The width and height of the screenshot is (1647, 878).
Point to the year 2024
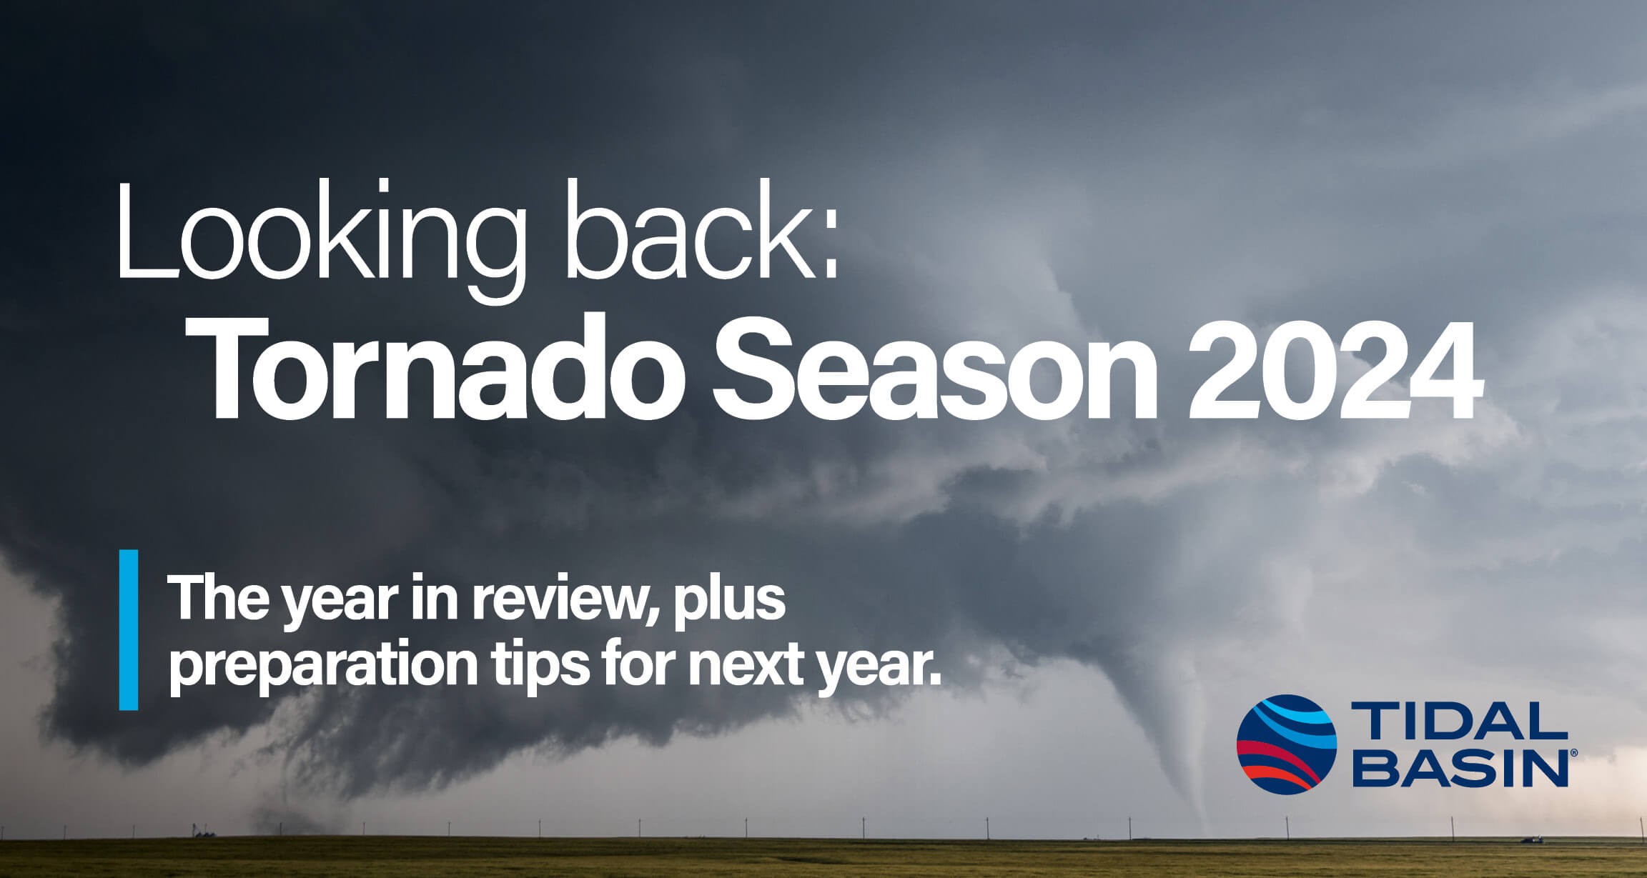pyautogui.click(x=1333, y=371)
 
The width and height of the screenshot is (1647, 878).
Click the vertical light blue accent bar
pyautogui.click(x=129, y=629)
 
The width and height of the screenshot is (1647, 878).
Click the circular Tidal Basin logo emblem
pyautogui.click(x=1286, y=744)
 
